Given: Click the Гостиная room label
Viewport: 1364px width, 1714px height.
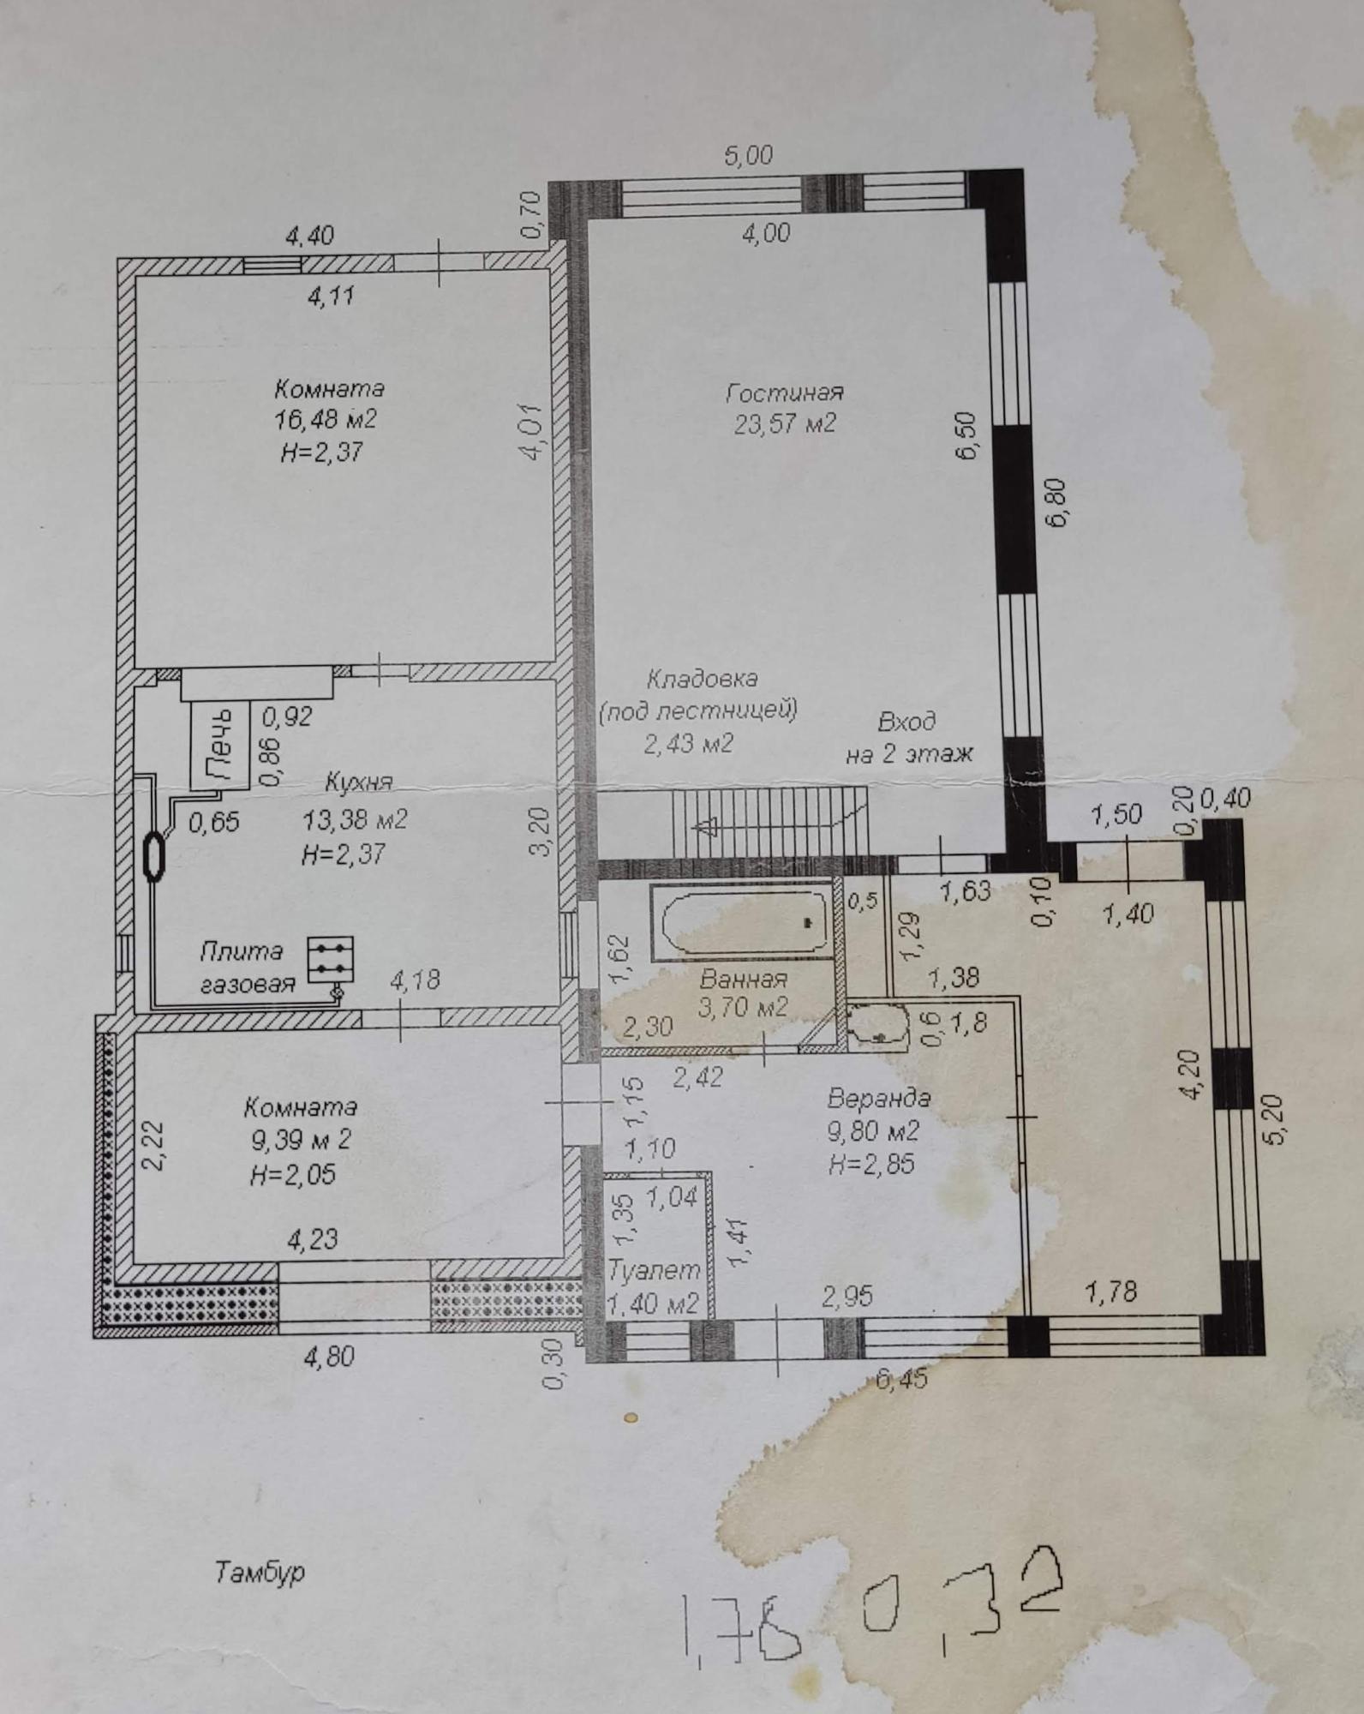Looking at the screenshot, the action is pos(785,393).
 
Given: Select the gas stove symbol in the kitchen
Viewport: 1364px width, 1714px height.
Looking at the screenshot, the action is pos(332,960).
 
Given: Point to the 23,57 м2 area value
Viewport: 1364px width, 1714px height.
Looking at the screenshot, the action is pos(785,424).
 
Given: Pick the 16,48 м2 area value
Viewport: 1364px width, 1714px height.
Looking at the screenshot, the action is pos(325,420).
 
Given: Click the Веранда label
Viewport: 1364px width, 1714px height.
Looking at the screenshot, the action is pos(878,1098).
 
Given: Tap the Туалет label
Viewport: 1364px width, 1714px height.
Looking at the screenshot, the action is pos(654,1270).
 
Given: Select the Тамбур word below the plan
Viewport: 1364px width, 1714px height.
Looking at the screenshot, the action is pos(260,1573).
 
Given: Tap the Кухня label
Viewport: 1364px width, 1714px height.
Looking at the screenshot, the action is pos(359,782).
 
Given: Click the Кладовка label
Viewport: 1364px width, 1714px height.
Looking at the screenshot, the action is pos(702,680).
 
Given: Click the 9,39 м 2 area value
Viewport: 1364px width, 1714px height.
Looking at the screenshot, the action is pos(301,1141).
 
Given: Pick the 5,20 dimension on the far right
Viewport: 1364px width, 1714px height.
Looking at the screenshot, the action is pos(1274,1119).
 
